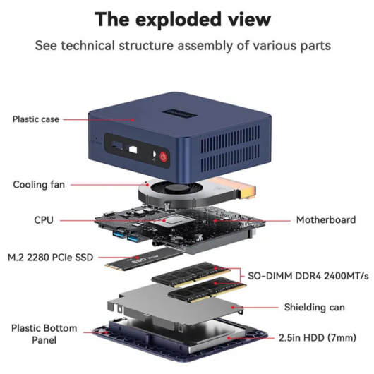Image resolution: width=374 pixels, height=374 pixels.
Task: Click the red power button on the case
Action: pos(164,157)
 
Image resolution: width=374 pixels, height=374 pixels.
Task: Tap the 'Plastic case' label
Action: pos(36,119)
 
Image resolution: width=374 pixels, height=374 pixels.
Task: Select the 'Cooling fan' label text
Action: pos(39,185)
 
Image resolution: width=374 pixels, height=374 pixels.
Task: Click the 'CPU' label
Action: pos(44,220)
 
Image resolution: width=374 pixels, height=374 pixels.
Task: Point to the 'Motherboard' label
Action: pos(326,220)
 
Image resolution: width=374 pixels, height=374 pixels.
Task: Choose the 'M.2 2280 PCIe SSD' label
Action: pos(50,258)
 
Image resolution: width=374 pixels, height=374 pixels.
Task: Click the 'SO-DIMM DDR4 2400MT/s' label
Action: pos(308,276)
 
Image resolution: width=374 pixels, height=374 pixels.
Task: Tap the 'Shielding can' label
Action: pos(314,307)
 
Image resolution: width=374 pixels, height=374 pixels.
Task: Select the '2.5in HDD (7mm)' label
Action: pos(318,338)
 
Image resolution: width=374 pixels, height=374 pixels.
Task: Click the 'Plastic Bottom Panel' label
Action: pos(44,334)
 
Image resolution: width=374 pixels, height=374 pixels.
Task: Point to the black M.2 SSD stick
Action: pos(143,259)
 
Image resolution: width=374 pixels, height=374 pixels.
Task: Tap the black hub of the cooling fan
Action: pos(176,189)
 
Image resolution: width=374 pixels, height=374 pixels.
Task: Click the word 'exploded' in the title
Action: pos(180,20)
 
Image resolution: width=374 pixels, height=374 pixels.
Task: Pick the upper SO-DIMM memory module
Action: pos(191,275)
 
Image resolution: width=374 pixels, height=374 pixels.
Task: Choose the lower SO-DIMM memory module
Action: pos(207,290)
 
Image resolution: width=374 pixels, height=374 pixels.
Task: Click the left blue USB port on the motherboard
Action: pos(118,234)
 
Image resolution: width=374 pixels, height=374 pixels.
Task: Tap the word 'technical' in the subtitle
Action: pos(88,46)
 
